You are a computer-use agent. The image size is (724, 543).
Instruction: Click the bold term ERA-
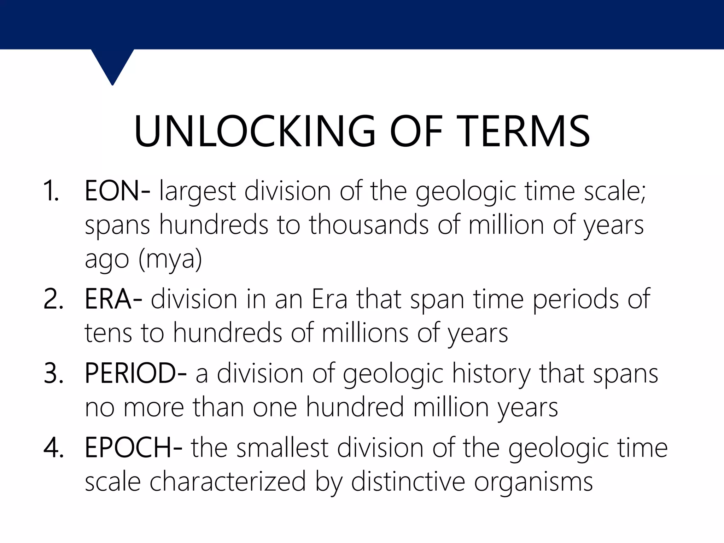coord(113,299)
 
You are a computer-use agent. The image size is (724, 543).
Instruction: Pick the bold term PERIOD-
coord(136,373)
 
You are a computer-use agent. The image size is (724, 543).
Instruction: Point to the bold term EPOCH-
coord(134,448)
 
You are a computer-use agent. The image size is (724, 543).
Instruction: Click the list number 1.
coord(51,192)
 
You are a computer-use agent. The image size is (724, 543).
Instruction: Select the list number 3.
coord(53,374)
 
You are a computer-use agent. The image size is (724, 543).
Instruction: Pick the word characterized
coord(228,481)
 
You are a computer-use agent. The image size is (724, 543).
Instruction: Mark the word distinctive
coord(408,481)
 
